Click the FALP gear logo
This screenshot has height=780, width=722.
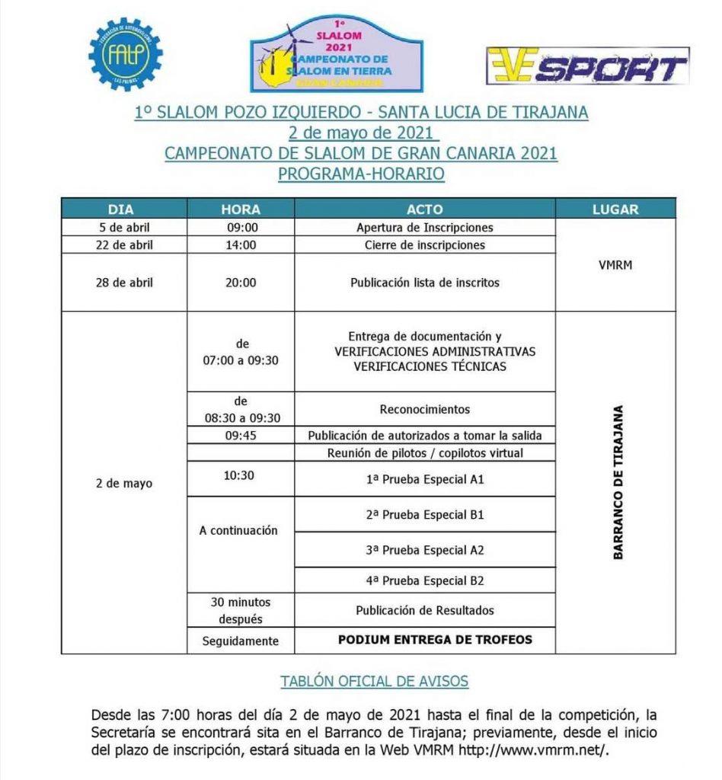(x=126, y=53)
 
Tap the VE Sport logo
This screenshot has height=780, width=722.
(x=587, y=66)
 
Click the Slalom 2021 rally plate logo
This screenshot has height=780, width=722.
(x=337, y=53)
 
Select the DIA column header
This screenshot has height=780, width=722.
(x=124, y=209)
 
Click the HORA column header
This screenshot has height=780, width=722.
(x=241, y=209)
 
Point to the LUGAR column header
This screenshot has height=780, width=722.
(x=615, y=209)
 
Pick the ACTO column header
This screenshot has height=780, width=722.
(x=424, y=209)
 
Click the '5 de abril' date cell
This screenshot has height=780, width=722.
(x=124, y=227)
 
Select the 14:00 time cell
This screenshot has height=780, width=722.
(x=241, y=245)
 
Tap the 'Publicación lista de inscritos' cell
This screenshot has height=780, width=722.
(x=424, y=282)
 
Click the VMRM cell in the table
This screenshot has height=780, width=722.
(x=615, y=265)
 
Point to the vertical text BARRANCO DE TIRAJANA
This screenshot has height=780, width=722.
(x=618, y=482)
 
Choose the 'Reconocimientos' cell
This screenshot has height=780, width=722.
(x=424, y=409)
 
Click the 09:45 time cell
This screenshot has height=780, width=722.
(x=241, y=436)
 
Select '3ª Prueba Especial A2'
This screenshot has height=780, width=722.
(x=424, y=550)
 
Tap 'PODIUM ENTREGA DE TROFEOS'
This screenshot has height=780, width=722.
(x=435, y=640)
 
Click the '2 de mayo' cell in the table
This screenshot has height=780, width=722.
(x=124, y=483)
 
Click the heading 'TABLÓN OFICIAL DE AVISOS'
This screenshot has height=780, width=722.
(x=374, y=681)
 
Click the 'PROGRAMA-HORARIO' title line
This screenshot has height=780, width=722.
(x=361, y=174)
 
